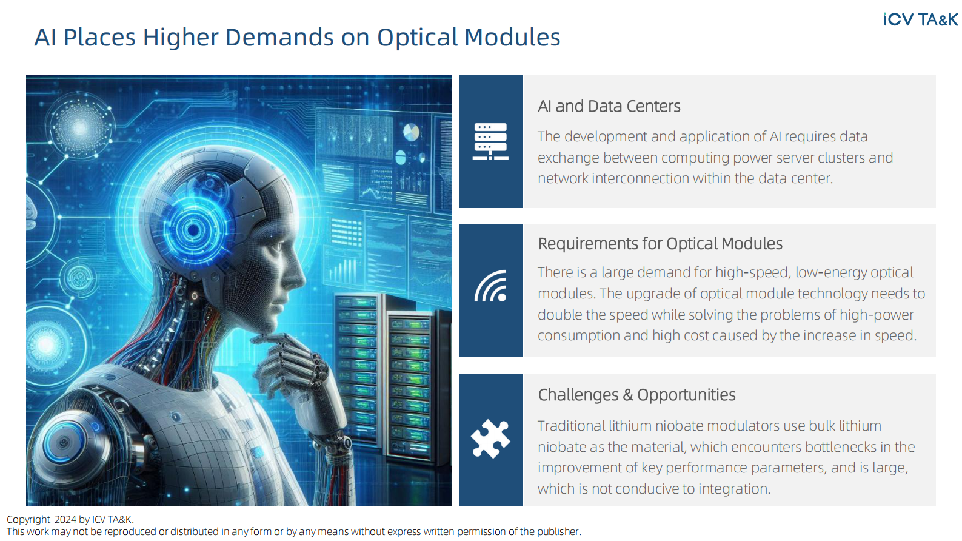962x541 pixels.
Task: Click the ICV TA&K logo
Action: coord(920,19)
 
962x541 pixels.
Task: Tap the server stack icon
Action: coord(490,141)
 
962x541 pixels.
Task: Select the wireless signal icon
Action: coord(491,286)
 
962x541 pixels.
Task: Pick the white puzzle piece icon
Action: coord(490,439)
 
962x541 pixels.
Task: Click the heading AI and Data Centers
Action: coord(609,106)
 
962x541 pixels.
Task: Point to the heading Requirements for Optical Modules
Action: coord(660,244)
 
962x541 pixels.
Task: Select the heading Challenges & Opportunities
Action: coord(636,395)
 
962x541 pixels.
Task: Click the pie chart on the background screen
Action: coord(411,132)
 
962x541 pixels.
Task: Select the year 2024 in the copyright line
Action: coord(65,520)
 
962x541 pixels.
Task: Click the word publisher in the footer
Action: coord(558,532)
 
